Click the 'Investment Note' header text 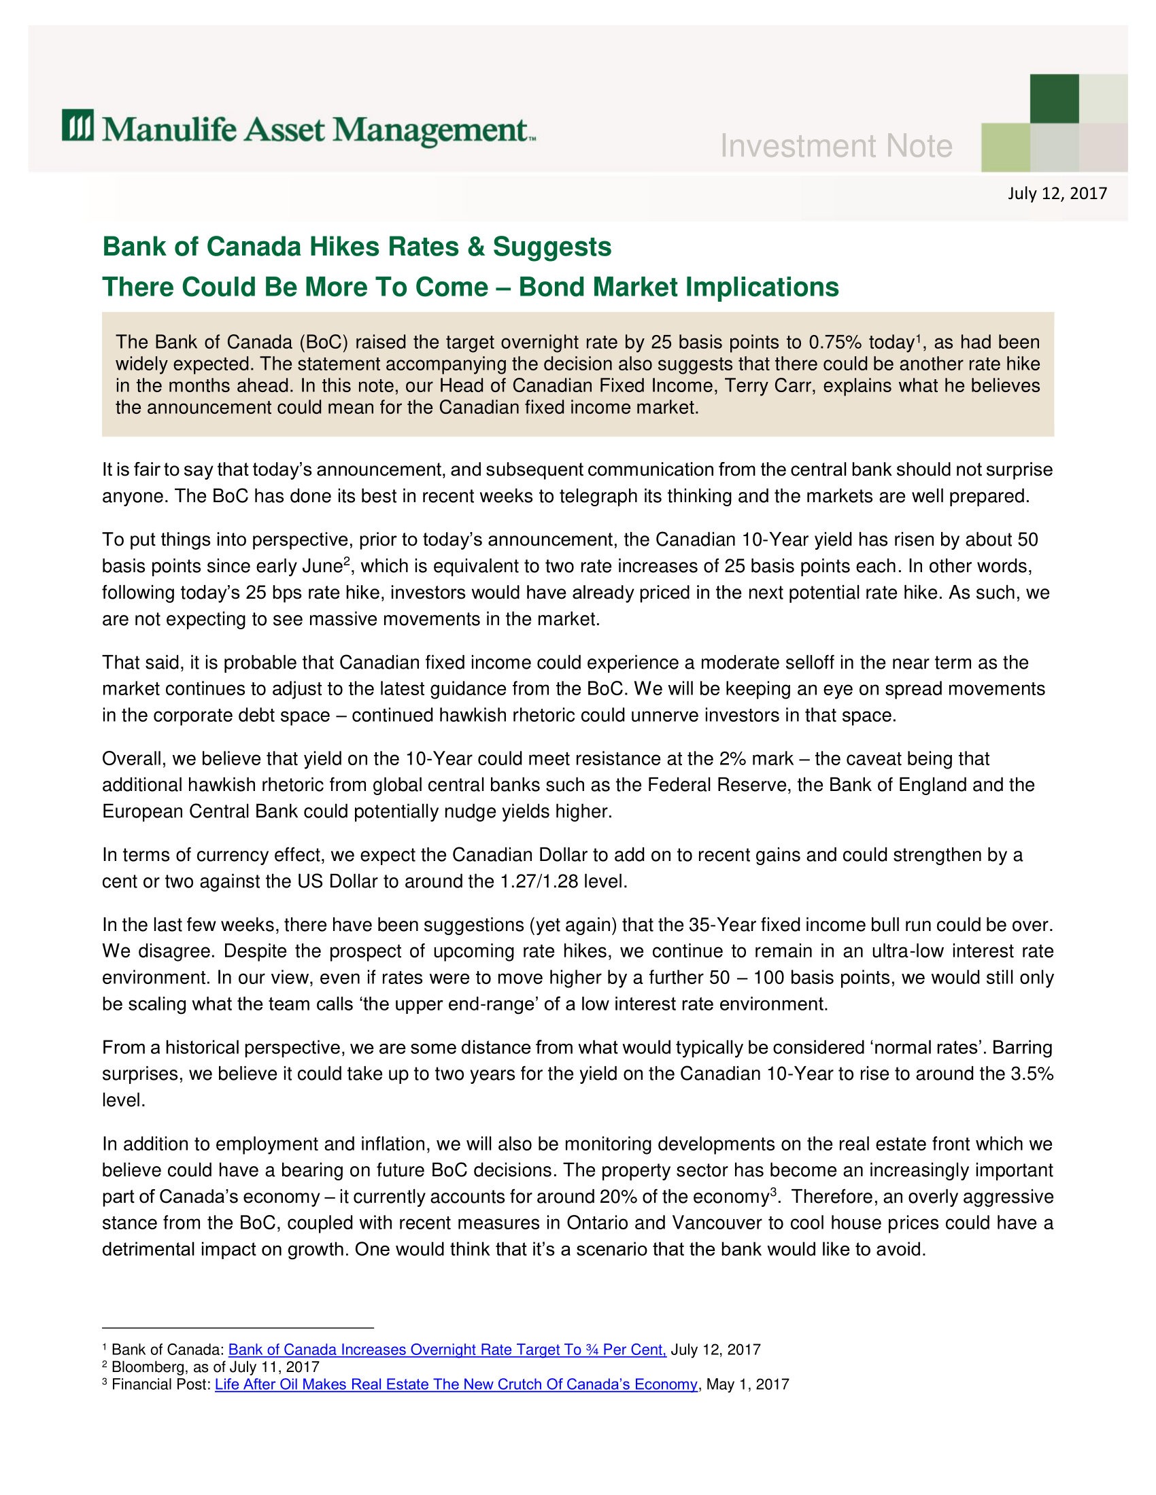pos(836,147)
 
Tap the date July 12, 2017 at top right pos(1057,194)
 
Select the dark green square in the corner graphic pos(1054,99)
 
